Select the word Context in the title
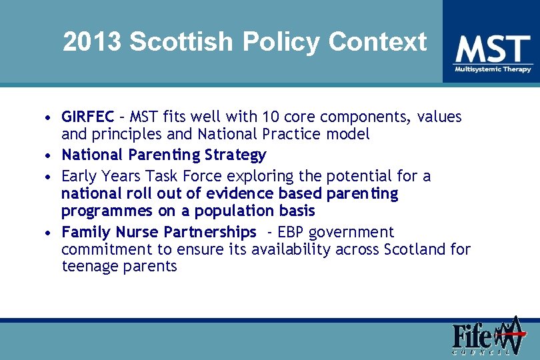pos(377,42)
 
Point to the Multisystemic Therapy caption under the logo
pos(493,69)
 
